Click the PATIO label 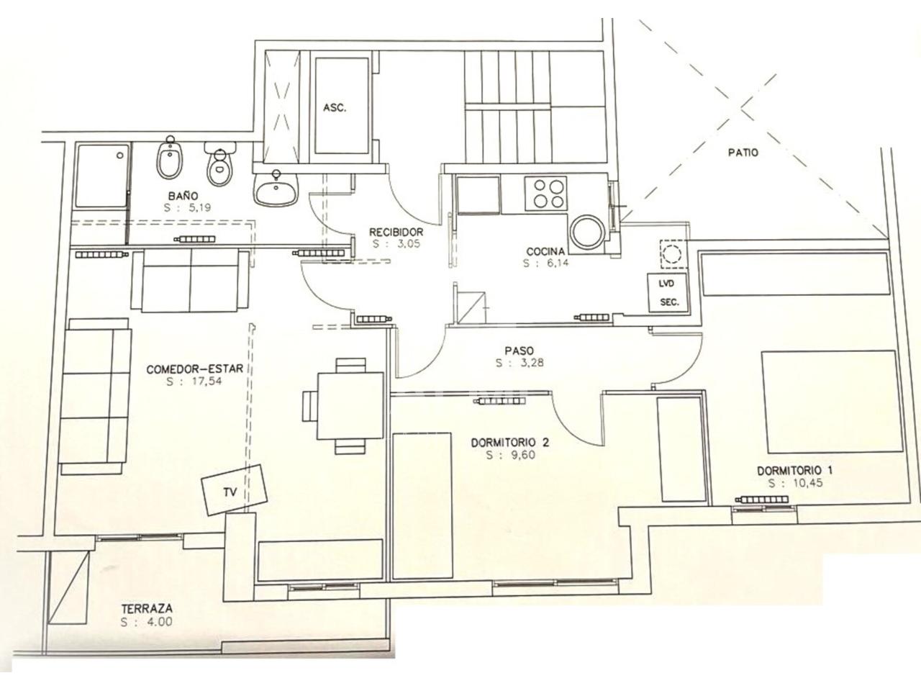743,153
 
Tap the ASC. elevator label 335,108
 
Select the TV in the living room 234,489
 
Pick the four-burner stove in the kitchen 545,194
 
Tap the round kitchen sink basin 588,232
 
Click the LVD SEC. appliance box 668,293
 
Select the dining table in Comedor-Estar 350,406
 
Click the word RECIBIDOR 396,232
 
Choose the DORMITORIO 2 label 510,443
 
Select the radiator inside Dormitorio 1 763,500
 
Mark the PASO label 519,351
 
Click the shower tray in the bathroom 101,176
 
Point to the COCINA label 545,252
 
